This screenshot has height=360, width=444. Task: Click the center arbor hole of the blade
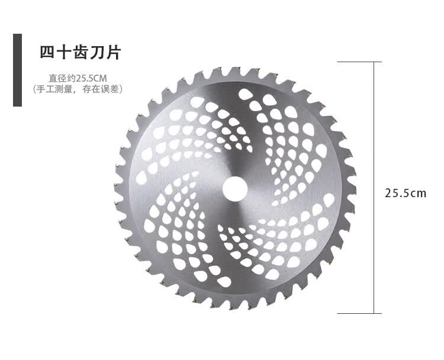pos(235,189)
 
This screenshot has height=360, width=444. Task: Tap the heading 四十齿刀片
pos(81,52)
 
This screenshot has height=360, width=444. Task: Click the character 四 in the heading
pos(47,52)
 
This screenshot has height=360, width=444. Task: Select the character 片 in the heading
pos(114,52)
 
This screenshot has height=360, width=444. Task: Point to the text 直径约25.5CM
pos(78,78)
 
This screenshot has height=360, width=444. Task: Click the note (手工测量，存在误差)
pos(78,89)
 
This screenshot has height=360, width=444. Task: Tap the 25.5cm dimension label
pos(406,193)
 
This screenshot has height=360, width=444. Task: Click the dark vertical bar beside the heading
pos(17,70)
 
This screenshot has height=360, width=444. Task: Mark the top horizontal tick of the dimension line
pos(359,62)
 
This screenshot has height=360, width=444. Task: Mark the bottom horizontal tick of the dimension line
pos(359,314)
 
